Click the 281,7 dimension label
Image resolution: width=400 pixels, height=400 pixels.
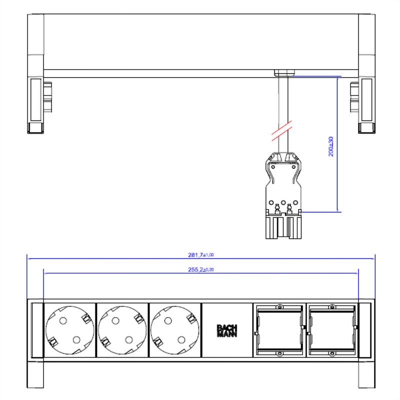201,255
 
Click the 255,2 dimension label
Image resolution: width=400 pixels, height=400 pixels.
201,269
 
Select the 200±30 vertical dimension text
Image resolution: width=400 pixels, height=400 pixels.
330,146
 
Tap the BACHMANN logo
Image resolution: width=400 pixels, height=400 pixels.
227,331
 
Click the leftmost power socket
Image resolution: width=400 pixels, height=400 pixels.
69,330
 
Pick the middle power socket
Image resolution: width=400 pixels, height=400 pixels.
122,330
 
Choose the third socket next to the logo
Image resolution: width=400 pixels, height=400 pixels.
174,330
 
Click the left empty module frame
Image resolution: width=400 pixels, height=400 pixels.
279,330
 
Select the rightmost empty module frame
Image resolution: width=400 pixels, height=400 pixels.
332,330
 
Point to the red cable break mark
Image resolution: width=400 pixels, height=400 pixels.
281,131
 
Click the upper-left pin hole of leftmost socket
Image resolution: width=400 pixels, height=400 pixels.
63,320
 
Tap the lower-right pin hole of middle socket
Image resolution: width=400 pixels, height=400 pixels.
129,340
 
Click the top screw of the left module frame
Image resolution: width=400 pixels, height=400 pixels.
280,306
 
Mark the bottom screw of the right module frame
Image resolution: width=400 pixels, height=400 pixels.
332,354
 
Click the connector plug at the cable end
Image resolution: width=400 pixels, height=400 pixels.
283,195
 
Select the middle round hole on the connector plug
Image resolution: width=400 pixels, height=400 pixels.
283,202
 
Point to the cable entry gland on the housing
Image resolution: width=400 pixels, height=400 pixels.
284,72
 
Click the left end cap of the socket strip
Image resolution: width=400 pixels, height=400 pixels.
37,330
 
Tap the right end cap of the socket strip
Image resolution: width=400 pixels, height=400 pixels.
365,330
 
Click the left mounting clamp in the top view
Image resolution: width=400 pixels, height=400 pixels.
47,97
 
